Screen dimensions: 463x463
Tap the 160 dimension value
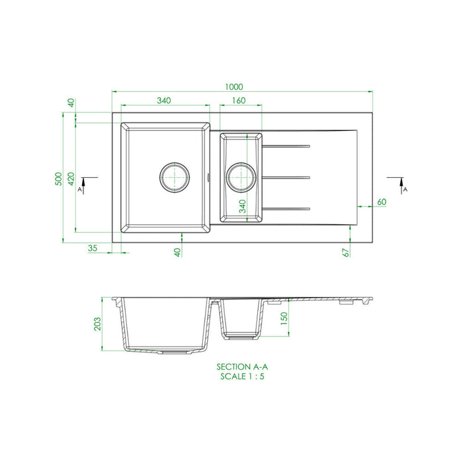(239, 101)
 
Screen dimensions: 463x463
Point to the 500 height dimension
(58, 179)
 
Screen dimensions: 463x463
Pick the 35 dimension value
(92, 248)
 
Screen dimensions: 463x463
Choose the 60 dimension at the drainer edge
(382, 201)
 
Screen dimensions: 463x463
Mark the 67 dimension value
(345, 251)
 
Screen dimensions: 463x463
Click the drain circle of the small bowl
(240, 177)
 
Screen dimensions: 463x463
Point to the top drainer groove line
(287, 145)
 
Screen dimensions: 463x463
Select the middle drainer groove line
(287, 177)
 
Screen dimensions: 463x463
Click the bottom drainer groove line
(287, 209)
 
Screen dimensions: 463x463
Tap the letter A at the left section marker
(79, 189)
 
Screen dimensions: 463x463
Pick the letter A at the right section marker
(405, 189)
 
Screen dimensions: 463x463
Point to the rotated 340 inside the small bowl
(242, 206)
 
